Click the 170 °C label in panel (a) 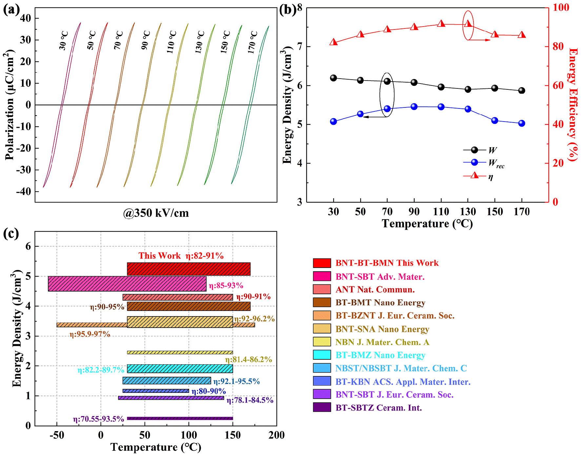pos(252,42)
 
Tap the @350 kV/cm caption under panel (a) pos(156,213)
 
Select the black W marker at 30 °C pos(333,78)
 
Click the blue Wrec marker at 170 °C pos(522,124)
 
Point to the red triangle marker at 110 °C pos(441,24)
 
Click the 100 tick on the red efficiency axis pos(561,8)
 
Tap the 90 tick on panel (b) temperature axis pos(414,212)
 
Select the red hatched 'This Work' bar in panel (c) pos(189,269)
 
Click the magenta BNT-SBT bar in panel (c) pos(127,284)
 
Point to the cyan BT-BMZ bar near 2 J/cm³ pos(180,369)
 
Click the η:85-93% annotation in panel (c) pos(226,286)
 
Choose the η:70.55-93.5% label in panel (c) pos(98,419)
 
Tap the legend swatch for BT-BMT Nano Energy pos(322,302)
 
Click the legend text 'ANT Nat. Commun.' pos(375,290)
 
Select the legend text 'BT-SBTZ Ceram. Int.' pos(379,408)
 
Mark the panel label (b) pos(288,10)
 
